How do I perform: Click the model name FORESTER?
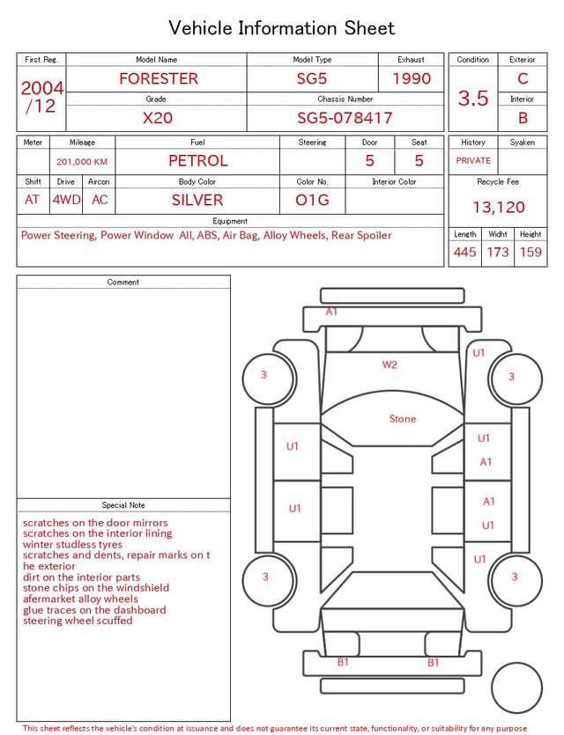coord(159,78)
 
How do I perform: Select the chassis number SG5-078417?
coord(345,118)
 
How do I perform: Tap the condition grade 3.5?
coord(473,99)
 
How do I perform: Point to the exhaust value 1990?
coord(412,78)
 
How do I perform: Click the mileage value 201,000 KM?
coord(82,162)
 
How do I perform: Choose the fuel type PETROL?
coord(198,161)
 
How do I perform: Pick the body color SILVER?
coord(197,200)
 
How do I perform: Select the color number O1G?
coord(312,200)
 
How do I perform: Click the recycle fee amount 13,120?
coord(498,207)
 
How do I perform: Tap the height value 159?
coord(531,252)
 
